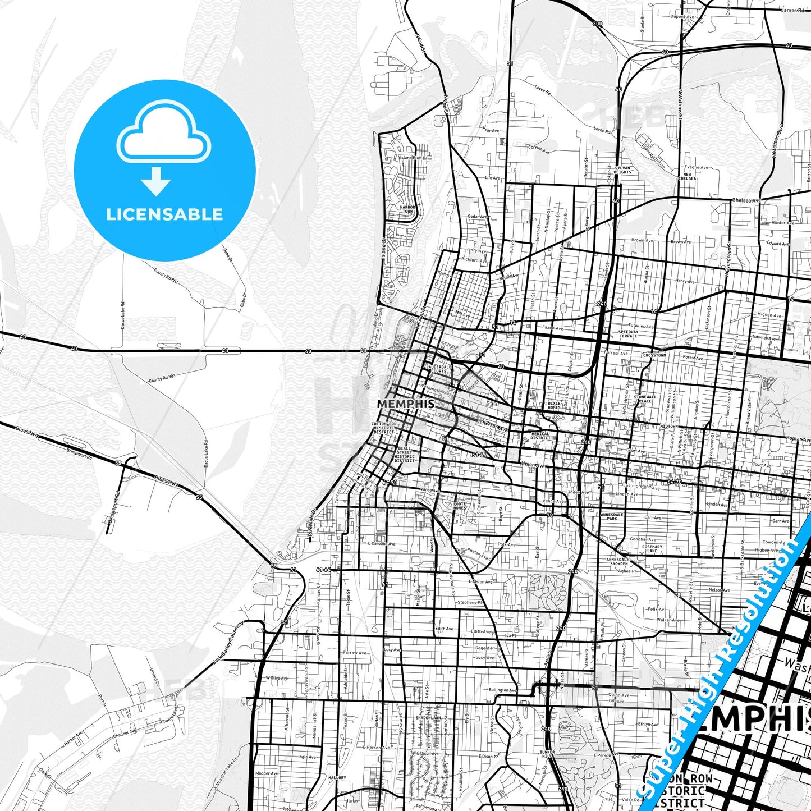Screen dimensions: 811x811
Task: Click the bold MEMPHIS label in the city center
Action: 405,404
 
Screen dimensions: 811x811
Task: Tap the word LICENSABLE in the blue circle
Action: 164,214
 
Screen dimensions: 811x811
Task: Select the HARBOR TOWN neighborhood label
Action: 407,209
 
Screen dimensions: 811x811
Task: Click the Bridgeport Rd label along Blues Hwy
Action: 79,454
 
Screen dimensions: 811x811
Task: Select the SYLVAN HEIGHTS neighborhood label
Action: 622,169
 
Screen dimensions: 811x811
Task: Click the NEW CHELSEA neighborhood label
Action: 687,176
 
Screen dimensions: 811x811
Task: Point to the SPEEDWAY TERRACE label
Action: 628,333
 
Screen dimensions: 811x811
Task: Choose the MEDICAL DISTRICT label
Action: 540,436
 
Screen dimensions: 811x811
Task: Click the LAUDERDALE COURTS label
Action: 438,369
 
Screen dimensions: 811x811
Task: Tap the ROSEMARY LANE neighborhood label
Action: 652,548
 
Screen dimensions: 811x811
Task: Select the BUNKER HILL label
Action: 547,754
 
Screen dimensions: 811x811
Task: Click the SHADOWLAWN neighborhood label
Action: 428,718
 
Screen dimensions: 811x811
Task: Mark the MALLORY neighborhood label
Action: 337,778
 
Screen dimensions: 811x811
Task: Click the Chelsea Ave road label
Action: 746,200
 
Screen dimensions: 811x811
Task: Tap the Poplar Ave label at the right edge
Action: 798,439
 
